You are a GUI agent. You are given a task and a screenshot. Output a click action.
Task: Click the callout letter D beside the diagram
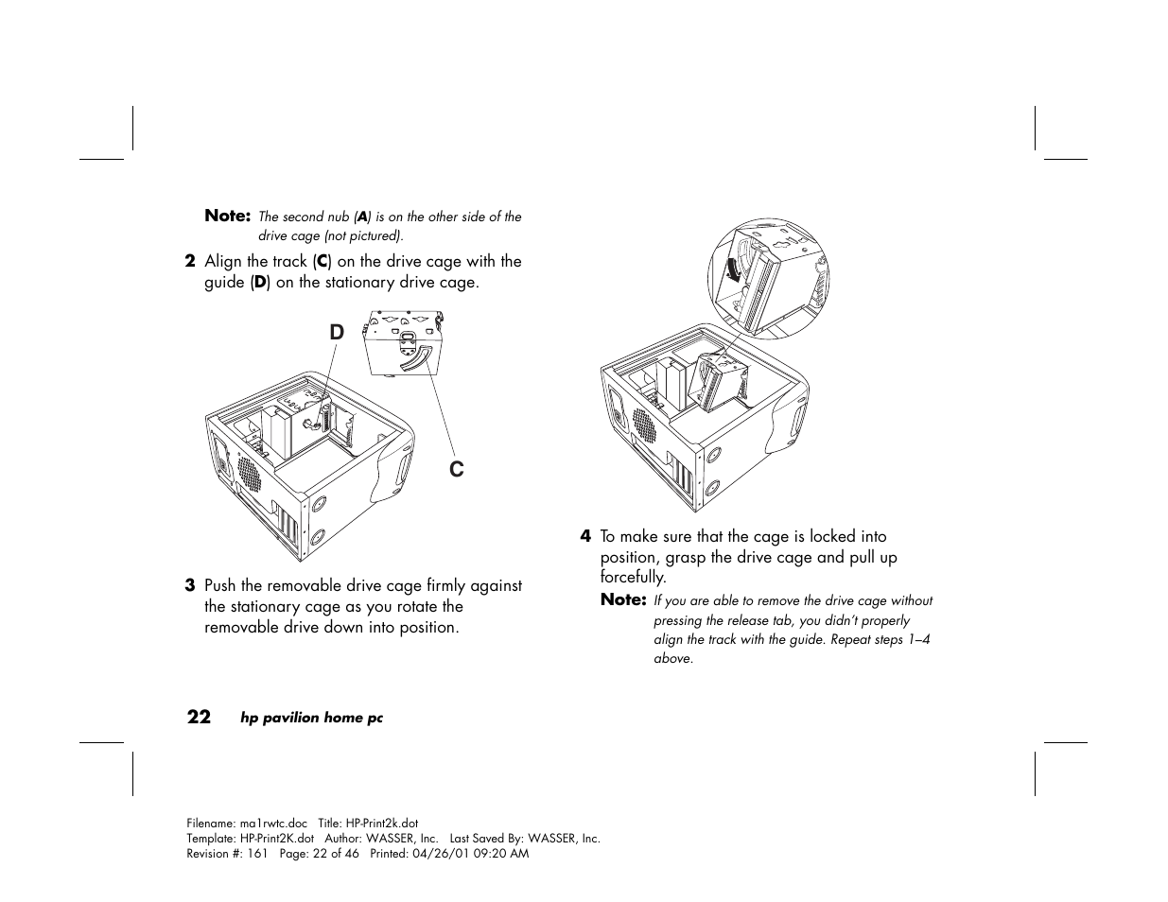coord(338,332)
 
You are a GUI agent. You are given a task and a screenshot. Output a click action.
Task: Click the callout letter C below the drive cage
coord(457,469)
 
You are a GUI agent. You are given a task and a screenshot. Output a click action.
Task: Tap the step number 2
coord(190,262)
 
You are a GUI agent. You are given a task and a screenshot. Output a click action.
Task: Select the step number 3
coord(190,586)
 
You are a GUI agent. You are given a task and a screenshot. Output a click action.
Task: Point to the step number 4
coord(585,537)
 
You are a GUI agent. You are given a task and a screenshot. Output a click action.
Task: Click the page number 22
coord(199,717)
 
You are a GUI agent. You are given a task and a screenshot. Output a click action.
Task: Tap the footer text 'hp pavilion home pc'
coord(311,718)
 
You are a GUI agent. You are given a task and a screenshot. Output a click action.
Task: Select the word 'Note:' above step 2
coord(227,216)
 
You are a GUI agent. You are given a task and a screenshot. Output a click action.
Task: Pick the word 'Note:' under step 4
coord(623,599)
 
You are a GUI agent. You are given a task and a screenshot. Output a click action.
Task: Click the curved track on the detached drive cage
coord(413,360)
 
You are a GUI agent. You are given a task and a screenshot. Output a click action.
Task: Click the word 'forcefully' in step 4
coord(632,577)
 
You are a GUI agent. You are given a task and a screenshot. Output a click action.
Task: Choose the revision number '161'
coord(258,854)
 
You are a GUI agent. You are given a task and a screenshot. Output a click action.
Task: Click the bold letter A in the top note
coord(362,217)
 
